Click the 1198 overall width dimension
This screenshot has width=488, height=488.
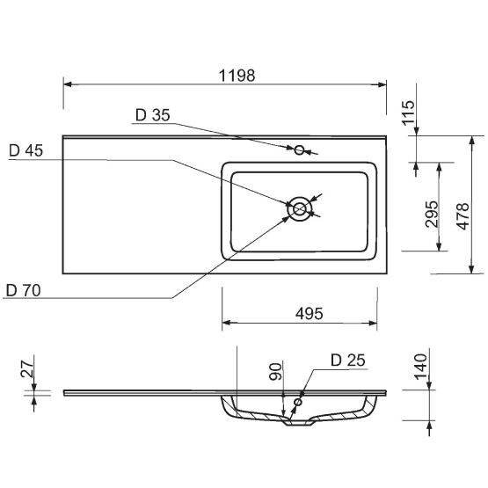[x=237, y=76]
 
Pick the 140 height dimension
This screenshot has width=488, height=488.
[x=419, y=362]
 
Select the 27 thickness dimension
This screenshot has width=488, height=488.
[x=25, y=369]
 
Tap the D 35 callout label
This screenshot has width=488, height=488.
[x=152, y=115]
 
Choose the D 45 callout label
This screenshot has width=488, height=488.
[x=25, y=150]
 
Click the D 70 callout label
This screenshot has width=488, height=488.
[x=23, y=289]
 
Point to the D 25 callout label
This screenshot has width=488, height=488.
[x=347, y=360]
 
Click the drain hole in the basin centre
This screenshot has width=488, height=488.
[x=300, y=208]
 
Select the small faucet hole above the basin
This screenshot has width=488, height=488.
[x=299, y=150]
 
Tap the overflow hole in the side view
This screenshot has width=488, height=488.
[x=299, y=403]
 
